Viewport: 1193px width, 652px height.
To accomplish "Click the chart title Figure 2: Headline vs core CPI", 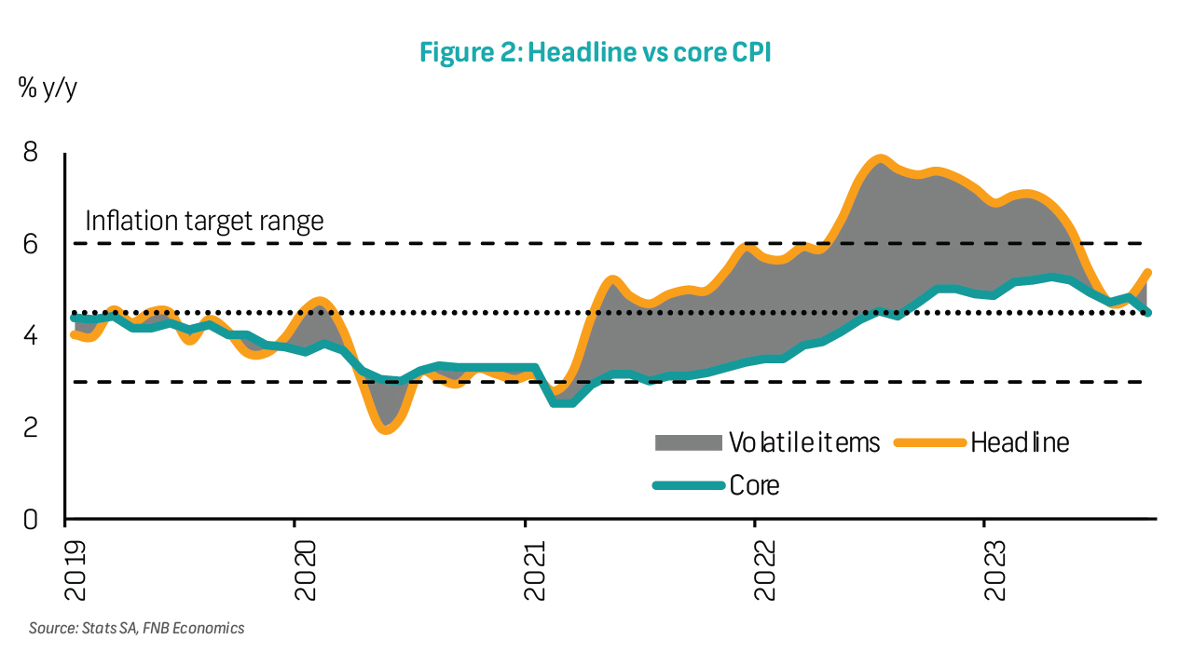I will (595, 53).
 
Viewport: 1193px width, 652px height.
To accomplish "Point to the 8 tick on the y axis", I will (31, 152).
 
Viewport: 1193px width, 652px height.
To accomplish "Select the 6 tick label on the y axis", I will (31, 244).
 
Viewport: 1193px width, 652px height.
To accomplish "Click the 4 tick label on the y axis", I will (31, 335).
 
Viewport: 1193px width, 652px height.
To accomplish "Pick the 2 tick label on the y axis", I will (31, 428).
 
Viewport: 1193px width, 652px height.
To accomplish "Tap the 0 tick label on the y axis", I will (31, 519).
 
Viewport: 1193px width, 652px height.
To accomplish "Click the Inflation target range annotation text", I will (204, 222).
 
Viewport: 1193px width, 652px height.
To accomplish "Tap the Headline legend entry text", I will (1020, 442).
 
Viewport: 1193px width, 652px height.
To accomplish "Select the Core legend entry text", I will (754, 485).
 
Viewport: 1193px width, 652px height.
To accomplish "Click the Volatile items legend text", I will (804, 442).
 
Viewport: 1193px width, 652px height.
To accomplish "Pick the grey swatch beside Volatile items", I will (689, 442).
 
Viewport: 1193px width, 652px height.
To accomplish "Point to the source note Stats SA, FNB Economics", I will (136, 629).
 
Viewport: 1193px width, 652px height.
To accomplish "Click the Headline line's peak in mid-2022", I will (878, 159).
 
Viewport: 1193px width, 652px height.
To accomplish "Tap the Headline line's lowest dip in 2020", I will (386, 428).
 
